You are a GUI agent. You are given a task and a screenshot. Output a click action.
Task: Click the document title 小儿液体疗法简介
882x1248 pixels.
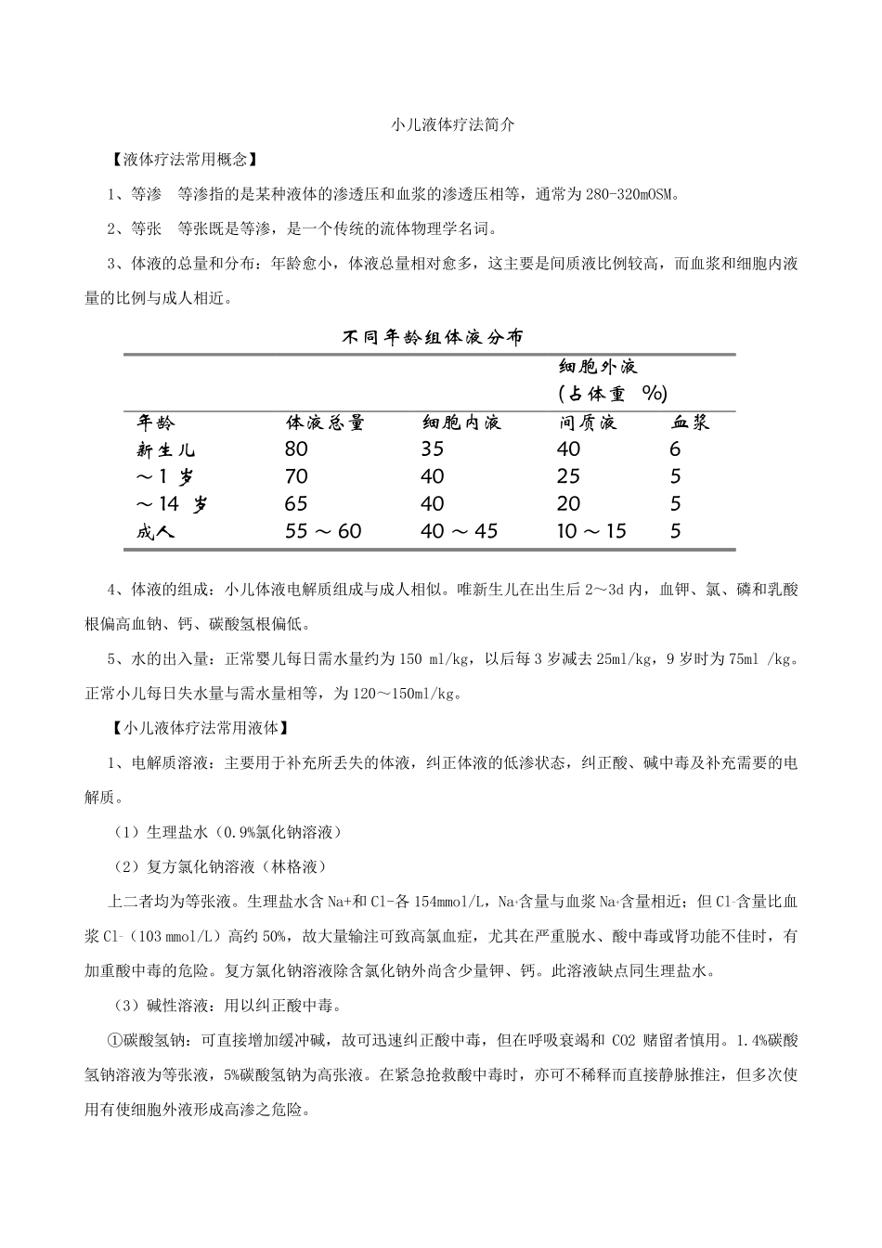[x=452, y=123]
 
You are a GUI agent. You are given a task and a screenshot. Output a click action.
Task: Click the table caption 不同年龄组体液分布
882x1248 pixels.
[x=433, y=338]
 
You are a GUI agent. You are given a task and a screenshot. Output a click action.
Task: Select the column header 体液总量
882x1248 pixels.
[x=325, y=423]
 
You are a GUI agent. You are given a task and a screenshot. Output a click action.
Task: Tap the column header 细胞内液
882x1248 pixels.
[x=461, y=423]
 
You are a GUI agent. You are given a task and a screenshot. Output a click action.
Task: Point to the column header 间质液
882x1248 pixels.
[x=588, y=423]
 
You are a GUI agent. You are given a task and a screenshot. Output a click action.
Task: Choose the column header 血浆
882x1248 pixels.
[x=690, y=423]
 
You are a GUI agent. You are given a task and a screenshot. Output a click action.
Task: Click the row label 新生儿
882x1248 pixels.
[x=166, y=450]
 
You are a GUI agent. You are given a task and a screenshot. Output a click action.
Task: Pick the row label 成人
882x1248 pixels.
[x=155, y=532]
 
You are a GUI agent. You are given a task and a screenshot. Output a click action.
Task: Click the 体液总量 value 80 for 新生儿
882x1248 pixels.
[x=296, y=449]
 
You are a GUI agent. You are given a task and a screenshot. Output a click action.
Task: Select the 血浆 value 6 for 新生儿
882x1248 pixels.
[x=675, y=449]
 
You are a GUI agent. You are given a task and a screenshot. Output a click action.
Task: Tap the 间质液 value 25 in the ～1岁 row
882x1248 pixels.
[x=568, y=477]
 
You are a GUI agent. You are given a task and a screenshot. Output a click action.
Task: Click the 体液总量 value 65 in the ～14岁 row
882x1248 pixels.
[x=296, y=504]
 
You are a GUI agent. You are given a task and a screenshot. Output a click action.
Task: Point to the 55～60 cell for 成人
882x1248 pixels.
[x=323, y=532]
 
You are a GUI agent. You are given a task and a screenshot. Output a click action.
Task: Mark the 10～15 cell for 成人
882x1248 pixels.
[x=591, y=532]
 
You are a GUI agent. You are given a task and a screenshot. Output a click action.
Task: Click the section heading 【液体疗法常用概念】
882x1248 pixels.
[x=184, y=160]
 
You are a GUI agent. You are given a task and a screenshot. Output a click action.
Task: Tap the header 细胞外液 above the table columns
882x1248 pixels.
[x=598, y=367]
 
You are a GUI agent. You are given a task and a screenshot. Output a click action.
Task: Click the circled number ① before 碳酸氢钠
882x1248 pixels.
[x=116, y=1040]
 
